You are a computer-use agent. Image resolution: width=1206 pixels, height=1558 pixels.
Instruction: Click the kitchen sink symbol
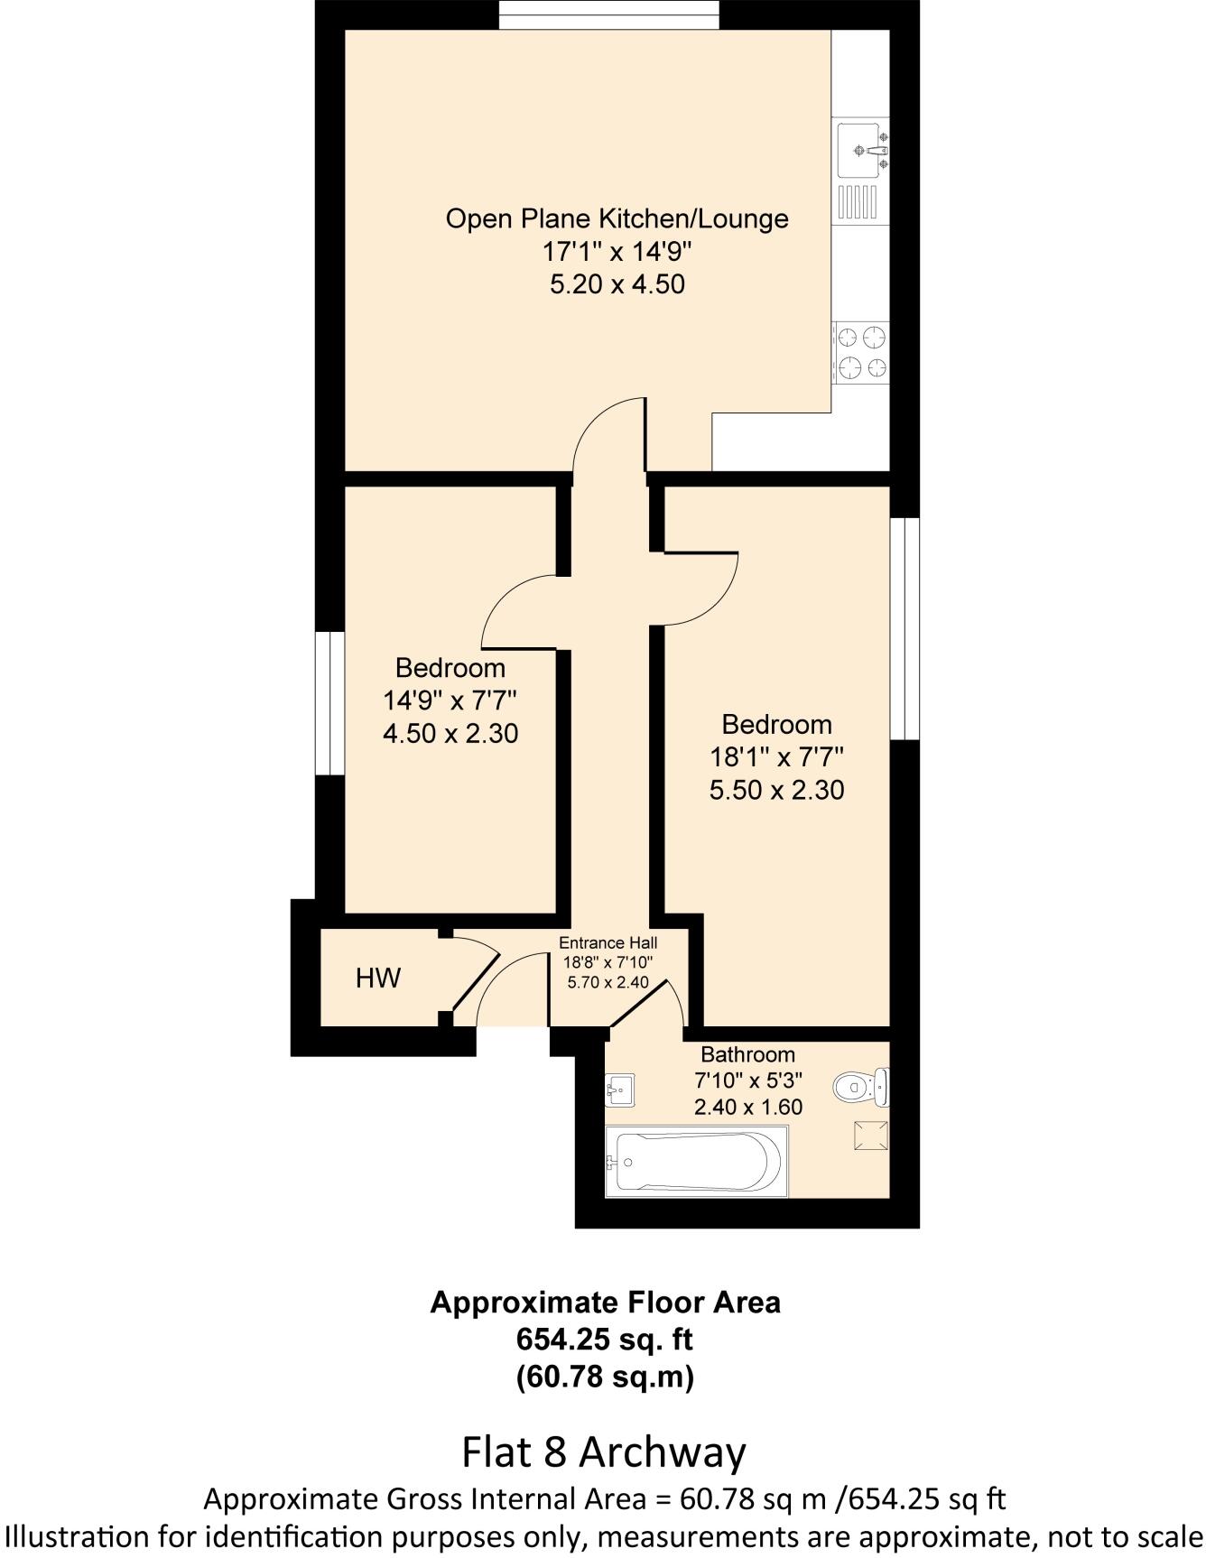coord(862,151)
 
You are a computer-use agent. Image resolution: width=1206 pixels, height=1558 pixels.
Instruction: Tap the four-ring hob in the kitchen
coord(861,353)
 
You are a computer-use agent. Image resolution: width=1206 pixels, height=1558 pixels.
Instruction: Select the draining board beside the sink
coord(858,201)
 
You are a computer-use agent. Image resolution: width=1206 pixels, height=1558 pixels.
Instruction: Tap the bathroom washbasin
coord(619,1090)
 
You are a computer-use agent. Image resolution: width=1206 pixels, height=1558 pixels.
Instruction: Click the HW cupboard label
coord(377,978)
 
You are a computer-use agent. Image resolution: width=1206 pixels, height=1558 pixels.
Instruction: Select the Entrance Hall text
coord(608,944)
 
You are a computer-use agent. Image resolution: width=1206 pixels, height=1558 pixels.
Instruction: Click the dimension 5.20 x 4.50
coord(617,284)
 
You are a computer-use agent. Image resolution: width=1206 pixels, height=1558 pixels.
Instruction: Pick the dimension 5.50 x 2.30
coord(776,791)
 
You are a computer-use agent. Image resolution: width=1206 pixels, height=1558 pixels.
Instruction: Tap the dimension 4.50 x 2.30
coord(450,733)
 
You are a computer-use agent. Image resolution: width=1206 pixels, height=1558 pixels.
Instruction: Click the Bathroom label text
coord(747,1054)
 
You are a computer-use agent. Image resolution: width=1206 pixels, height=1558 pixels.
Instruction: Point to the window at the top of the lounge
coord(609,14)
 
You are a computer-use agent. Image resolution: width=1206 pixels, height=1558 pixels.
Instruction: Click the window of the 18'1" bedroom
coord(904,628)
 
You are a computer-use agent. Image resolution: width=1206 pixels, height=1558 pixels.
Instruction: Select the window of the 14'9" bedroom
coord(329,703)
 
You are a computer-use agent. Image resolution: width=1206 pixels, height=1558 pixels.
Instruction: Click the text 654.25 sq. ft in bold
coord(604,1340)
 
